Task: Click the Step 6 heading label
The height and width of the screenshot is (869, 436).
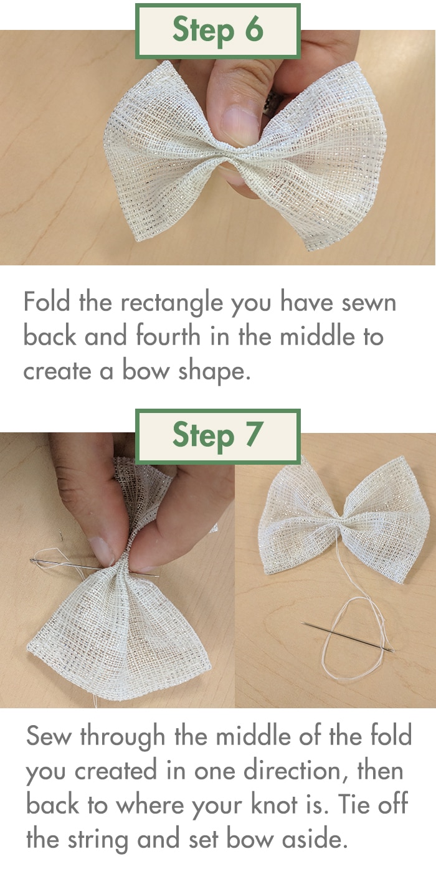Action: tap(217, 31)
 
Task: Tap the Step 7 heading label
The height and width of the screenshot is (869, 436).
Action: tap(217, 436)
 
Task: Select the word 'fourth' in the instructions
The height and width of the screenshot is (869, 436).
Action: tap(168, 336)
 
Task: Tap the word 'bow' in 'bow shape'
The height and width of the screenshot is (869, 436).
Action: tap(146, 371)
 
